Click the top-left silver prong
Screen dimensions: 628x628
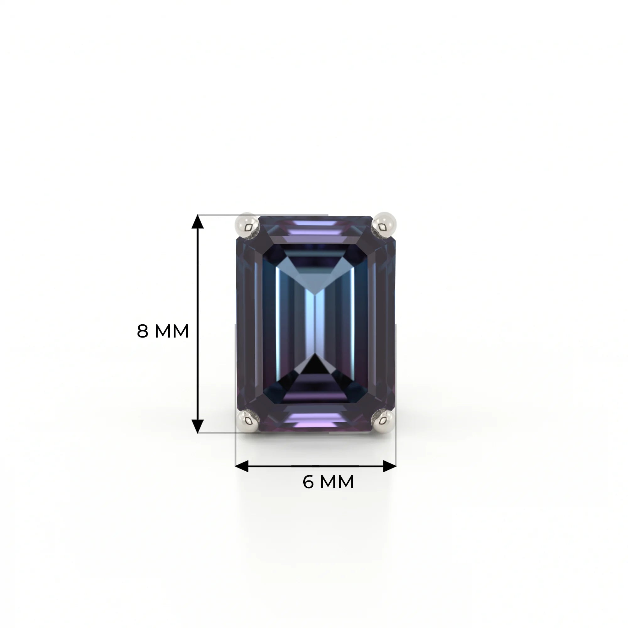[x=247, y=225]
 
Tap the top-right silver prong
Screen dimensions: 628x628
[x=384, y=225]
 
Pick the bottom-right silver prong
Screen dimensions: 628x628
[x=384, y=421]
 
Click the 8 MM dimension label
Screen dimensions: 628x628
[x=163, y=331]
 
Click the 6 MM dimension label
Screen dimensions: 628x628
[x=328, y=482]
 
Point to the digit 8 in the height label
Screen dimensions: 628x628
[x=142, y=331]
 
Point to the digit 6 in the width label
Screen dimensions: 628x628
[x=308, y=482]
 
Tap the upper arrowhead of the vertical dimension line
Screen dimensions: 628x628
[x=197, y=221]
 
